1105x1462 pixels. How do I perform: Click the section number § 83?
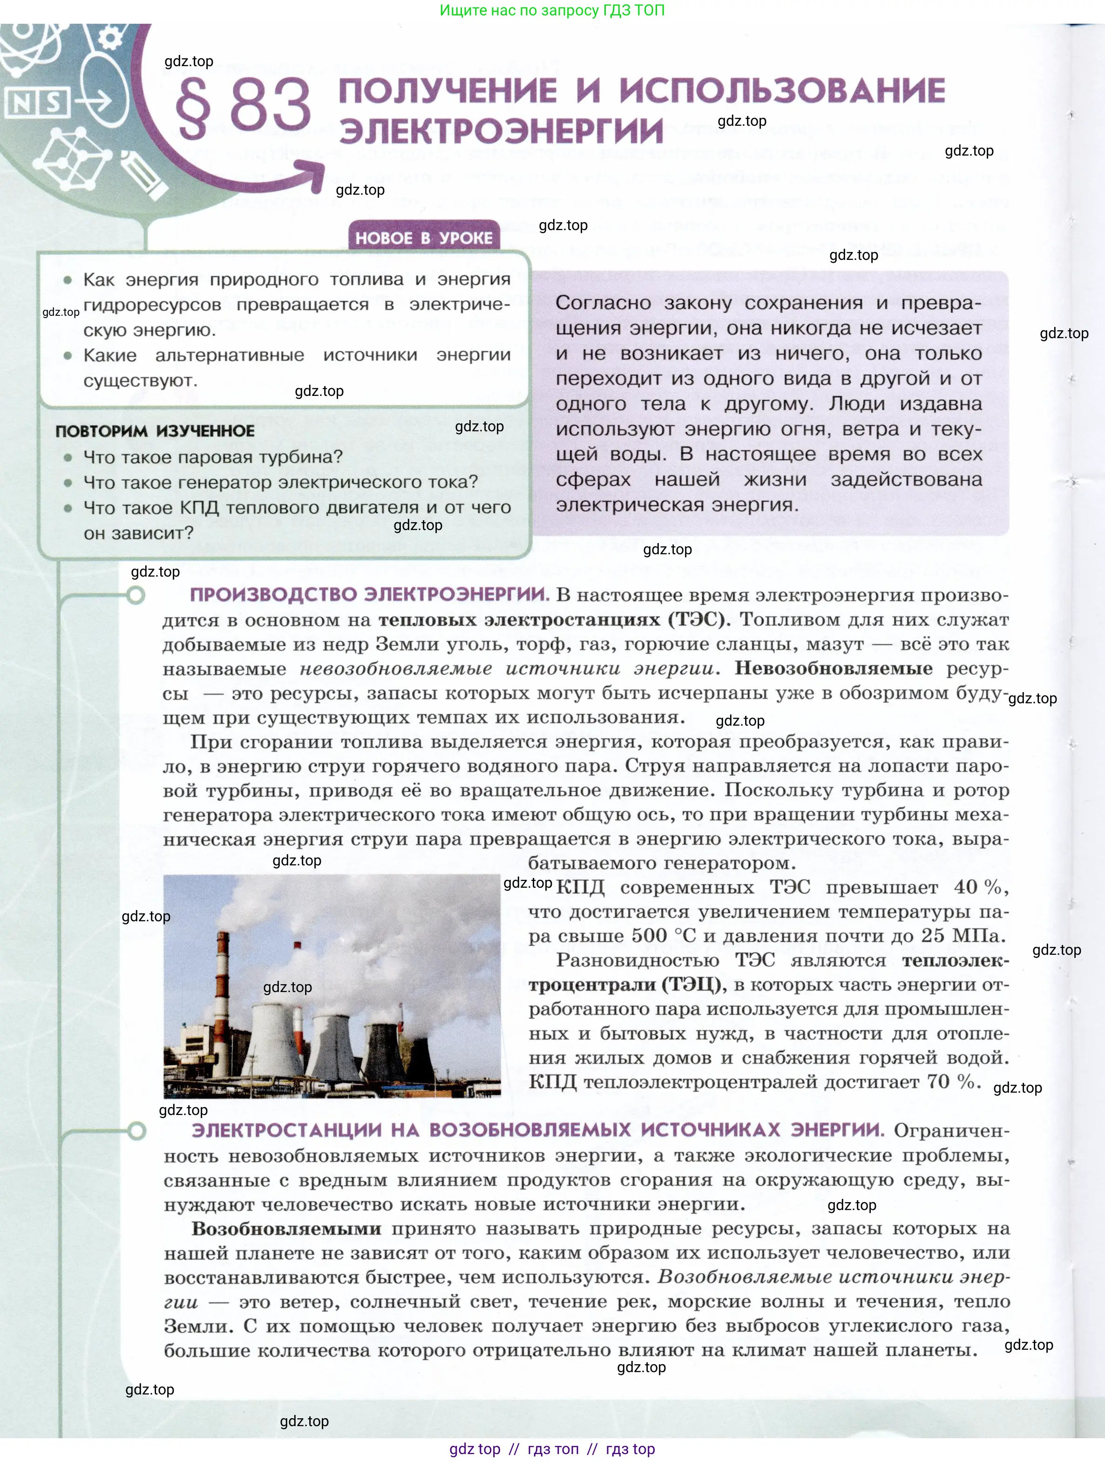tap(243, 106)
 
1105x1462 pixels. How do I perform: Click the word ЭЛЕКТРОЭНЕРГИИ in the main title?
tap(501, 131)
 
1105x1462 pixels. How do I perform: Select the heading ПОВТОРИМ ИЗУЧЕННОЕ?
tap(155, 431)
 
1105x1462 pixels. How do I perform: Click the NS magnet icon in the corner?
tap(37, 102)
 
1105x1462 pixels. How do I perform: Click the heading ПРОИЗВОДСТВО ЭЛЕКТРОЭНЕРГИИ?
tap(369, 594)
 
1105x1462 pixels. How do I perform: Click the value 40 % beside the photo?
tap(978, 887)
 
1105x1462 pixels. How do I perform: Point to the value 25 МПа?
tap(962, 936)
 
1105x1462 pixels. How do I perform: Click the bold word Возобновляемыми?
tap(286, 1229)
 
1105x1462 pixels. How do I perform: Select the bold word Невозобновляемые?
tap(834, 668)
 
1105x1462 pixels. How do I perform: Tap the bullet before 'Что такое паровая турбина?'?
tap(68, 457)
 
